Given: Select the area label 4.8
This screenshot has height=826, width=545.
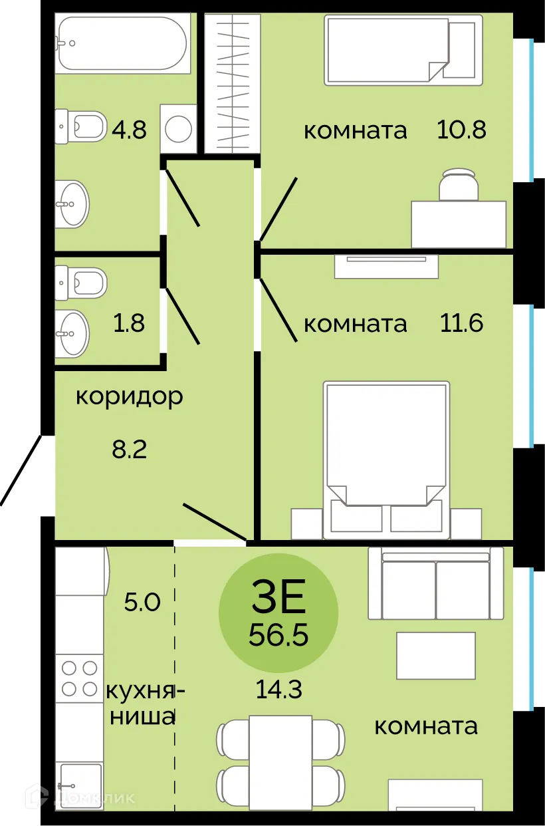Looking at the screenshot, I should pos(129,129).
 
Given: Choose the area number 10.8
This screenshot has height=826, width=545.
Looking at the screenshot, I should pos(461,129).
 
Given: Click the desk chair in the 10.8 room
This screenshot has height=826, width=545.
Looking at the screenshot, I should pos(459,184).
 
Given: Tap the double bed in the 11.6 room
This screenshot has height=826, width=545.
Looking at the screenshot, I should pos(385,452).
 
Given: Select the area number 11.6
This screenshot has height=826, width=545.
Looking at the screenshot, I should pos(461,323).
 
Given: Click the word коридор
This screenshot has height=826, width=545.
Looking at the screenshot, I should pos(129,397).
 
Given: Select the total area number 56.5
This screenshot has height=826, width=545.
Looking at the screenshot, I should pos(278,636).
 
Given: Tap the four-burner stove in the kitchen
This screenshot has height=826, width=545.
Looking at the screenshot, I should pos(79,678).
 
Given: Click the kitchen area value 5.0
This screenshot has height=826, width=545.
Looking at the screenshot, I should pos(142,603).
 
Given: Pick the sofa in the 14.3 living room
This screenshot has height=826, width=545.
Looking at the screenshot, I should pos(435,584).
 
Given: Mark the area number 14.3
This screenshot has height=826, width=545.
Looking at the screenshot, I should pos(279,690).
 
